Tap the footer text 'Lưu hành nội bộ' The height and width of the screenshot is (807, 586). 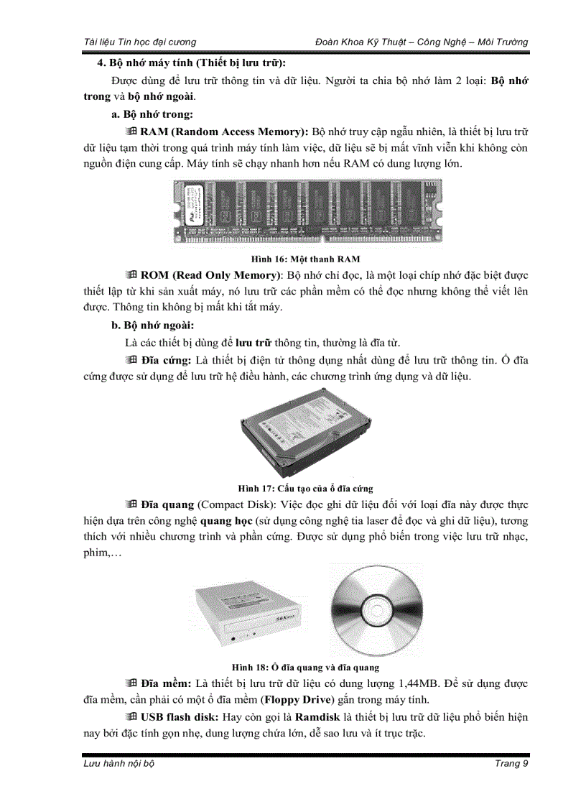119,763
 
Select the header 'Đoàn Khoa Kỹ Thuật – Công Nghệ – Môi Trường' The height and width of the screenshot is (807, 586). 422,42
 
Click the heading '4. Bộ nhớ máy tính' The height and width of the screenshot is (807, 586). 192,63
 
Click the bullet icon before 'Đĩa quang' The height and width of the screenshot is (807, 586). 131,504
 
